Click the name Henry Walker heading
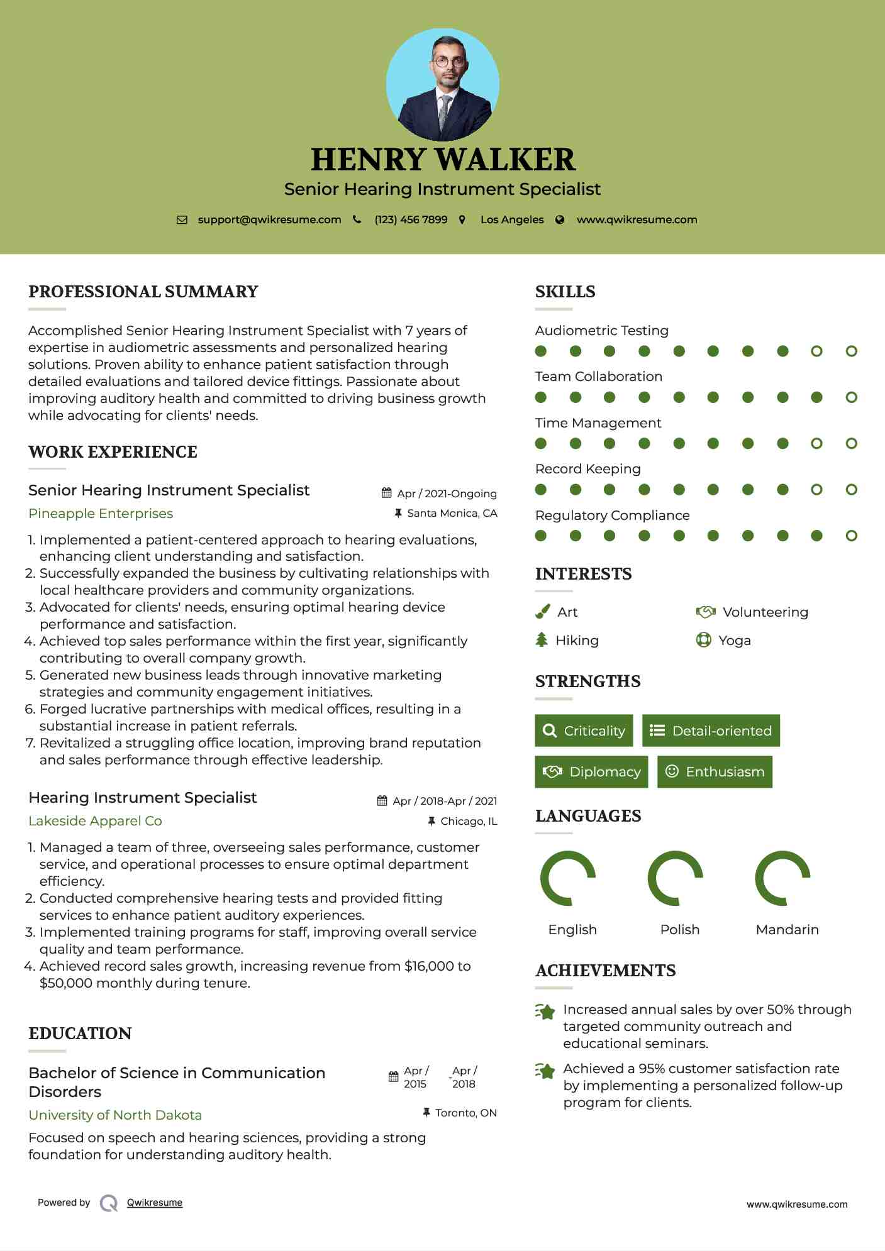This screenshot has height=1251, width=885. [443, 160]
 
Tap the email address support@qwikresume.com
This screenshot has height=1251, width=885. [269, 220]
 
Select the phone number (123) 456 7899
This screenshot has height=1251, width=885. [411, 220]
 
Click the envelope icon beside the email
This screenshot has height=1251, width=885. [182, 220]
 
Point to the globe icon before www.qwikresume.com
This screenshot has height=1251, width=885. [560, 220]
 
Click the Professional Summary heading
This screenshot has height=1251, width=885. [143, 292]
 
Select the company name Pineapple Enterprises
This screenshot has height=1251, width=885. [101, 514]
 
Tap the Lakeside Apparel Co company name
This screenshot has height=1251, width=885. [95, 821]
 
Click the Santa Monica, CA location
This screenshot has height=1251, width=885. [452, 514]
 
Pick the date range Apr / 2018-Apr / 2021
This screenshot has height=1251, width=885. [444, 801]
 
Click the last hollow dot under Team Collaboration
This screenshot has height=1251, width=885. [851, 397]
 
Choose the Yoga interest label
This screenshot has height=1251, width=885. [734, 641]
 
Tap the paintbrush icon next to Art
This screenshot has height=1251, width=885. [542, 612]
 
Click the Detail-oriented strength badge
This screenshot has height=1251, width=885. [711, 730]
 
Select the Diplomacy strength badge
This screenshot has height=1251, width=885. [591, 772]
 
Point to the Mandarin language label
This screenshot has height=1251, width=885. [787, 930]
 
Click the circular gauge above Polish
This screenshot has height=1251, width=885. [675, 878]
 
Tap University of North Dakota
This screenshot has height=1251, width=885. [115, 1115]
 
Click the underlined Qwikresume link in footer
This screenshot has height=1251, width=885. [155, 1203]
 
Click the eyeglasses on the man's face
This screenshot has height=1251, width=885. [449, 62]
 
